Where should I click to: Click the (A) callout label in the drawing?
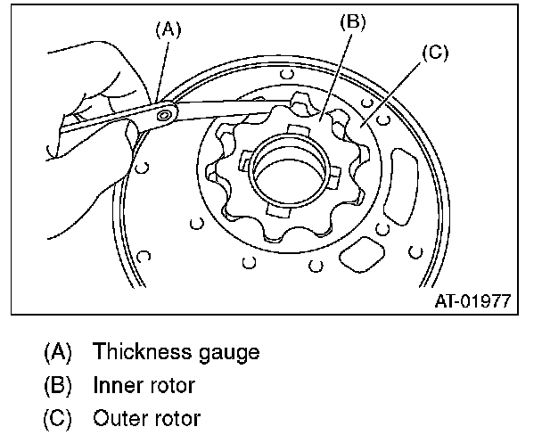point(168,29)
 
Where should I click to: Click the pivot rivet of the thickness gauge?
point(163,114)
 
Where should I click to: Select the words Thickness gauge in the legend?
point(175,352)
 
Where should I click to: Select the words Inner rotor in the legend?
point(142,385)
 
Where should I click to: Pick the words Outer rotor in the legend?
point(145,418)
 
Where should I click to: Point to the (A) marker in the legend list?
point(59,352)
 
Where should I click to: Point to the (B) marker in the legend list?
point(59,385)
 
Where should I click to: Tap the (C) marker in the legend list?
point(59,418)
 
